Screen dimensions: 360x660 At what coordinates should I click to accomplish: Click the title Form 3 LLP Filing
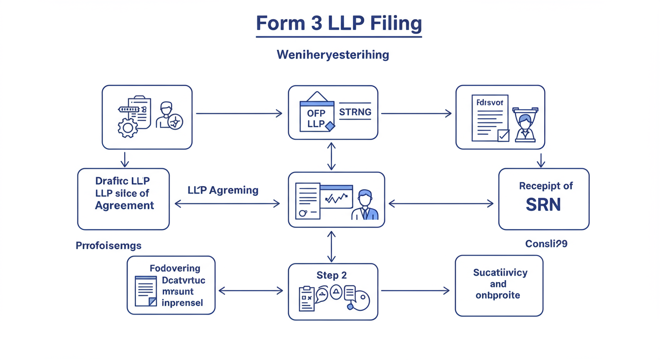[x=338, y=23]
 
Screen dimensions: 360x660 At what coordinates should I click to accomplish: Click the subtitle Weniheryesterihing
[x=333, y=55]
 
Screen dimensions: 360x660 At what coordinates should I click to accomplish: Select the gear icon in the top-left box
[x=127, y=127]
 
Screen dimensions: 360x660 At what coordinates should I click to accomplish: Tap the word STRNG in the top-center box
[x=355, y=112]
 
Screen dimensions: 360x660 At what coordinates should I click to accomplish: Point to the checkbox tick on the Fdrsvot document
[x=503, y=135]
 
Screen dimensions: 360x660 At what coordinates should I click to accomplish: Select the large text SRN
[x=543, y=205]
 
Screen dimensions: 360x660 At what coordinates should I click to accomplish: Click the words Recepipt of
[x=546, y=186]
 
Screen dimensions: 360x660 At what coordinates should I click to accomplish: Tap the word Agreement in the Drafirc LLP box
[x=124, y=205]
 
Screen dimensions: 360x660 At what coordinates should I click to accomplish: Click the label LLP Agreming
[x=223, y=190]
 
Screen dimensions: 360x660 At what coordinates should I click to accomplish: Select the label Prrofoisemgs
[x=108, y=245]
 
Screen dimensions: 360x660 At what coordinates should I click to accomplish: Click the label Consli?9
[x=546, y=244]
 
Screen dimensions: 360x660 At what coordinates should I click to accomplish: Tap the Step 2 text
[x=331, y=275]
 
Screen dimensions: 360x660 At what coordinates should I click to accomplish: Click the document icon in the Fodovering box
[x=146, y=291]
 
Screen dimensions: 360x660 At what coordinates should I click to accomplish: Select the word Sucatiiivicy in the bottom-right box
[x=500, y=272]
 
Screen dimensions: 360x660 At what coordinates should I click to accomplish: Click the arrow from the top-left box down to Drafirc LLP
[x=124, y=159]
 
